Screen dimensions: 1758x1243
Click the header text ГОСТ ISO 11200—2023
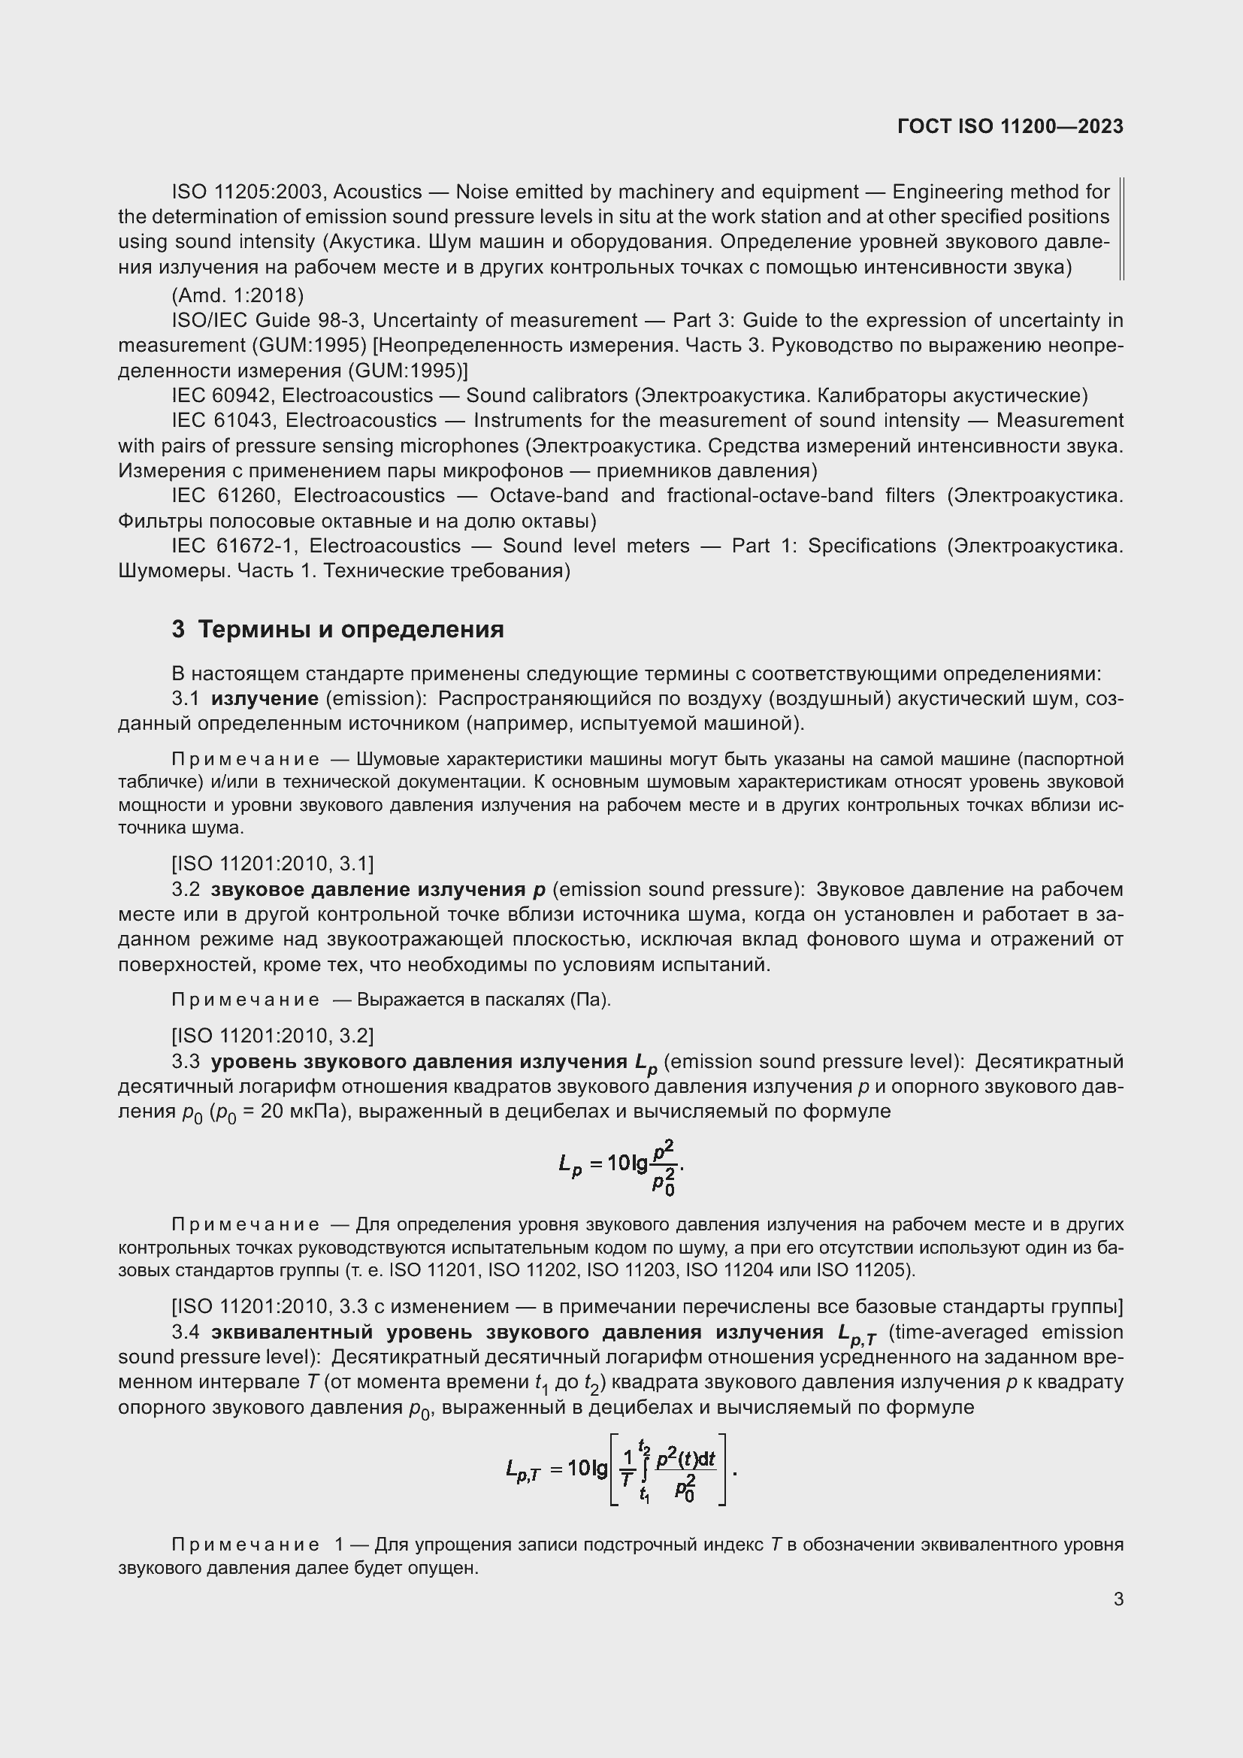click(1009, 127)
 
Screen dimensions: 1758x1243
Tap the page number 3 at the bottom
click(1118, 1599)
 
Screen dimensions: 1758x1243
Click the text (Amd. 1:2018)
click(237, 295)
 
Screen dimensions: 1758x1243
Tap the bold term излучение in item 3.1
click(265, 698)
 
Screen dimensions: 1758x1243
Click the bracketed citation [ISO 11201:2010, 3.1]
click(273, 864)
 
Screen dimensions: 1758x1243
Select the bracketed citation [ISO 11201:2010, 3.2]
click(273, 1036)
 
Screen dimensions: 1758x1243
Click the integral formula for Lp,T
click(621, 1469)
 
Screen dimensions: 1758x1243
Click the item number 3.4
click(186, 1333)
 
